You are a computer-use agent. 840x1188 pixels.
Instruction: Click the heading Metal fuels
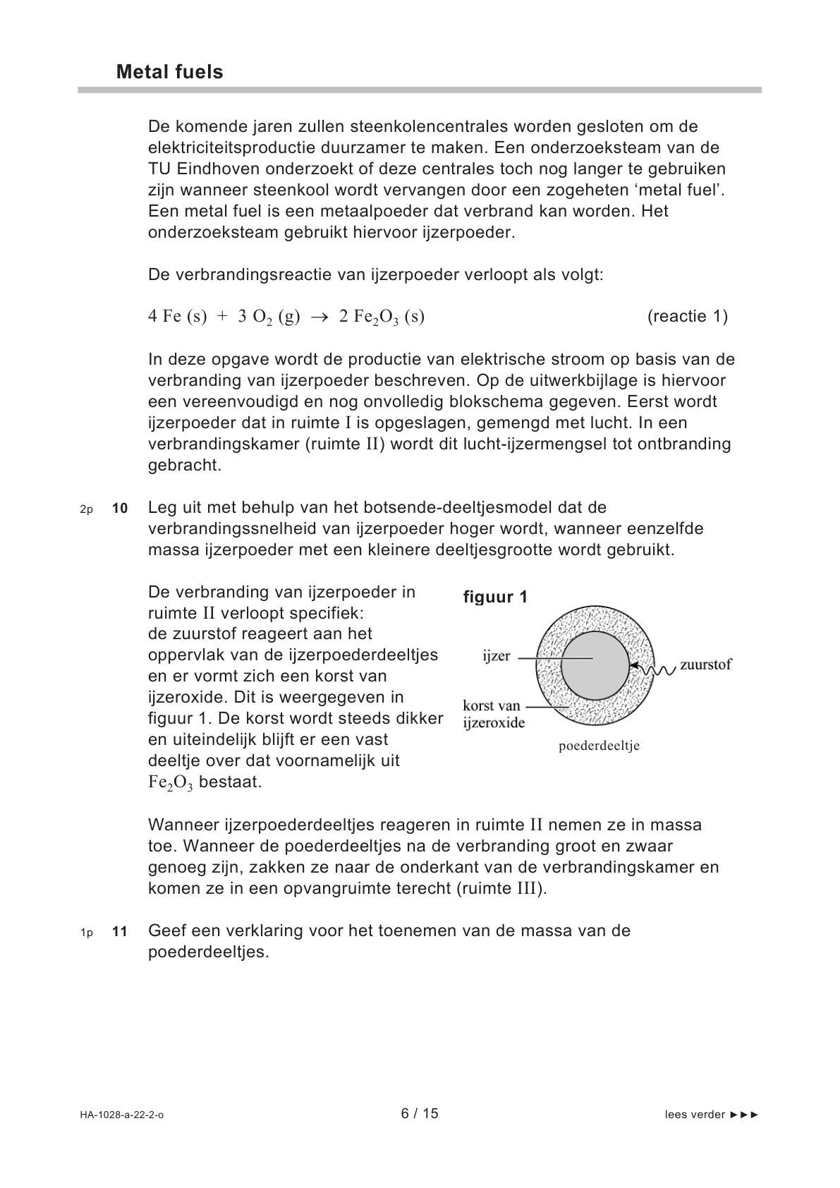[169, 72]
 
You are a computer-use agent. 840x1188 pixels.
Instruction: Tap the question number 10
[120, 508]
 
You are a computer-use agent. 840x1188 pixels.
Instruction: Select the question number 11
[120, 931]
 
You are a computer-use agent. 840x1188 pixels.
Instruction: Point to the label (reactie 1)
[687, 316]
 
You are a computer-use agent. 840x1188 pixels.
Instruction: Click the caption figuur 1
[495, 597]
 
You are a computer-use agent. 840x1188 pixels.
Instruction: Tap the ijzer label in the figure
[496, 656]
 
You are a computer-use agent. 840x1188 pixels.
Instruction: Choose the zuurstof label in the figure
[705, 665]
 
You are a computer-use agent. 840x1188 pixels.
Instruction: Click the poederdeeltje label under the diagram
[599, 746]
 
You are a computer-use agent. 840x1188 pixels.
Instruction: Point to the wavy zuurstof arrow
[656, 667]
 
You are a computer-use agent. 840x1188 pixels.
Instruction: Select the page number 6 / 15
[420, 1113]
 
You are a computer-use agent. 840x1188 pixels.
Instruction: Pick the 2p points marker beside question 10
[86, 509]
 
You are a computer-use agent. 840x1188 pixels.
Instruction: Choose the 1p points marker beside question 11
[86, 933]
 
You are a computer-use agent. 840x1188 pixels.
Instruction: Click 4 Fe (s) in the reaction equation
[177, 317]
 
